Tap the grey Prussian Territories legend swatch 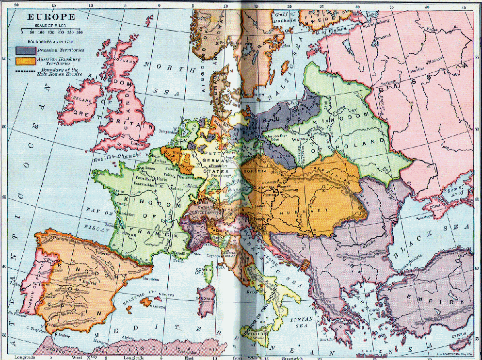click(x=25, y=50)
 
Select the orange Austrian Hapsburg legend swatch click(x=25, y=61)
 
